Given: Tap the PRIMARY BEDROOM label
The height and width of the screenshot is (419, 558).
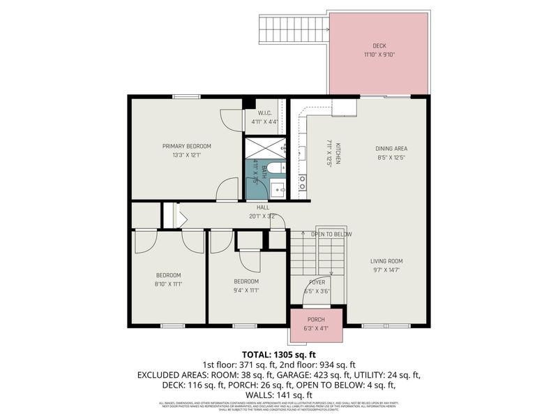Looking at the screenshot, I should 186,146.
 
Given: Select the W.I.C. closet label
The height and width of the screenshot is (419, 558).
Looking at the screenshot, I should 264,113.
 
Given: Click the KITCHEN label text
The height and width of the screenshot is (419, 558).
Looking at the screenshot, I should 338,152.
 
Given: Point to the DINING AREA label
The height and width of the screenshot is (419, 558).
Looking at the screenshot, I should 391,148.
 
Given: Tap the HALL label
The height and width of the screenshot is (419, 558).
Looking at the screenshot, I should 263,207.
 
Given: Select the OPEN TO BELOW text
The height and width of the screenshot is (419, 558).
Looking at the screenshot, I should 331,234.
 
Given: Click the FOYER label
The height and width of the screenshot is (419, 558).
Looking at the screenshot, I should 317,282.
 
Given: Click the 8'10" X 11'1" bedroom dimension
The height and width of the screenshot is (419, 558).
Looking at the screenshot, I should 168,284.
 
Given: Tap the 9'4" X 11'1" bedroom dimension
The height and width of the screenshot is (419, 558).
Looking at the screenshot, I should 246,291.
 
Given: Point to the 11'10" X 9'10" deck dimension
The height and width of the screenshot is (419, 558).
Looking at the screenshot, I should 379,54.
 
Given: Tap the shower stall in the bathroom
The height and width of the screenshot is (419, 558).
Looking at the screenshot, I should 264,147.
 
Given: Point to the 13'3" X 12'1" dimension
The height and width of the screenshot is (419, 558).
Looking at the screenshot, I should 186,156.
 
